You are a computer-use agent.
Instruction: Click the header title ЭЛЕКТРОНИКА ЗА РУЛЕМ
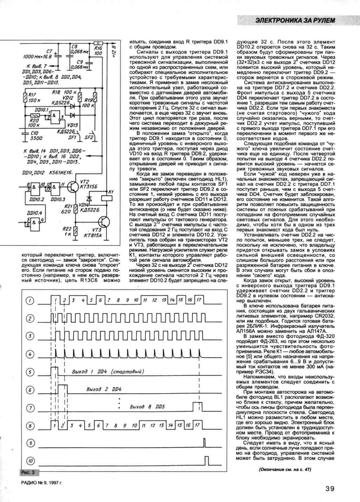click(295, 20)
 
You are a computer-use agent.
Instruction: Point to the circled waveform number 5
click(31, 372)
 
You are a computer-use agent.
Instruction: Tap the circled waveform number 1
click(31, 301)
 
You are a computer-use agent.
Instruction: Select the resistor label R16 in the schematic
click(98, 48)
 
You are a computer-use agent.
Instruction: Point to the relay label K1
click(111, 192)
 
